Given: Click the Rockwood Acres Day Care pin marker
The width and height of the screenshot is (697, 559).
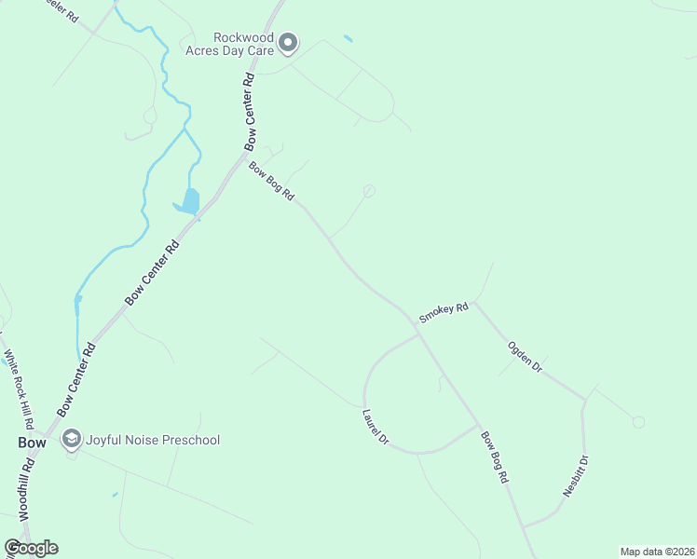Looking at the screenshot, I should tap(288, 42).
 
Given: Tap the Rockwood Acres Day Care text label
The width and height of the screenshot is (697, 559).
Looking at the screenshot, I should tap(242, 43).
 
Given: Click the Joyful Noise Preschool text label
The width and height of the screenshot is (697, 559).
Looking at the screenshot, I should tap(153, 439).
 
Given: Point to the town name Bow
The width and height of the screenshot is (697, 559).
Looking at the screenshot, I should tap(32, 443).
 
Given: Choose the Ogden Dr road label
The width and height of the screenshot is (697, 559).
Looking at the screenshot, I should tap(524, 357).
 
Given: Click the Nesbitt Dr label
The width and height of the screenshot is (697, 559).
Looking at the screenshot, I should tap(576, 476).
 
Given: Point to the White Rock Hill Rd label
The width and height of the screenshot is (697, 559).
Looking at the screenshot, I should tap(20, 385).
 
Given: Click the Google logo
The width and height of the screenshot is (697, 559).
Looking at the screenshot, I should tap(31, 548).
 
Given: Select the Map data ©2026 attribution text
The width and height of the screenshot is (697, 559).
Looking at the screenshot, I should tap(656, 552).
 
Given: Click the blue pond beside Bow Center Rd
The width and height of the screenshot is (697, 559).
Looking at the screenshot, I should tap(188, 201).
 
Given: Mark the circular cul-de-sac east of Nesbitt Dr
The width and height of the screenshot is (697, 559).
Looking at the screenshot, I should tap(638, 422).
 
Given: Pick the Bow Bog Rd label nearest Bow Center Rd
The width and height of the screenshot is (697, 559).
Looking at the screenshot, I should tap(271, 181).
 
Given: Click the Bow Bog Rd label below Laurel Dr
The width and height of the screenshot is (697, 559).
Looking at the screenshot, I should tap(494, 456).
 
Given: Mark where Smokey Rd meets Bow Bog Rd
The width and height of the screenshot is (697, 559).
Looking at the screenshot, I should tap(417, 327).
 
